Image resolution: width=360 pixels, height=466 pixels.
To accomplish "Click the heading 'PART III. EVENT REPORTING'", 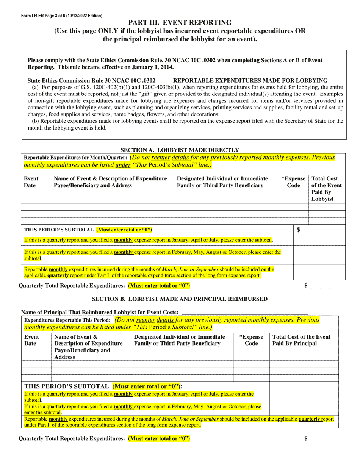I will pyautogui.click(x=180, y=23).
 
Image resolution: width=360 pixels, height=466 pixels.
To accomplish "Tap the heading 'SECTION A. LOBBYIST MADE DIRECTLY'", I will pyautogui.click(x=180, y=150).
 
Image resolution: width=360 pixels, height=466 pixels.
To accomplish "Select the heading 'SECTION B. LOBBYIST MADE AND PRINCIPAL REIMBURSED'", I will pyautogui.click(x=180, y=299).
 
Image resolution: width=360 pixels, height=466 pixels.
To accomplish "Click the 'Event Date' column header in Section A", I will pyautogui.click(x=31, y=182).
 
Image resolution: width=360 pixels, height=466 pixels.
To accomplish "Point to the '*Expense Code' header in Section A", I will pyautogui.click(x=293, y=182).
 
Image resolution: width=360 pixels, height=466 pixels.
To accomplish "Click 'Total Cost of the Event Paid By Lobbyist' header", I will pyautogui.click(x=326, y=188).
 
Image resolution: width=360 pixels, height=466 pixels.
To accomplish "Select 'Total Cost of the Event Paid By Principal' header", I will pyautogui.click(x=302, y=340).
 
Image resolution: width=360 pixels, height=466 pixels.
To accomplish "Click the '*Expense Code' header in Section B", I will pyautogui.click(x=251, y=340).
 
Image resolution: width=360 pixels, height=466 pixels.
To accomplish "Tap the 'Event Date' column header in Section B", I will pyautogui.click(x=31, y=340).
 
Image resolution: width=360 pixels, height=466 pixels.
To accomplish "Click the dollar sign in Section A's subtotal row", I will pyautogui.click(x=299, y=230).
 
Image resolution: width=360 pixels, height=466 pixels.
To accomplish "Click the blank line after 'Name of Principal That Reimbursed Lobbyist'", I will pyautogui.click(x=244, y=312).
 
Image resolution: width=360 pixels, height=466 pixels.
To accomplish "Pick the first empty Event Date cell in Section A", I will pyautogui.click(x=36, y=207).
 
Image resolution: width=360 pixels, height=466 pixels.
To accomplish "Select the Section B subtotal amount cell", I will pyautogui.click(x=304, y=386).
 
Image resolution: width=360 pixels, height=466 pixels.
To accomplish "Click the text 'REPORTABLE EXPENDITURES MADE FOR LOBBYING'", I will pyautogui.click(x=250, y=80).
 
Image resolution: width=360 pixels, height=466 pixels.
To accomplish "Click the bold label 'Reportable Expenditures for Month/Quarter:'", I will pyautogui.click(x=75, y=157).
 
